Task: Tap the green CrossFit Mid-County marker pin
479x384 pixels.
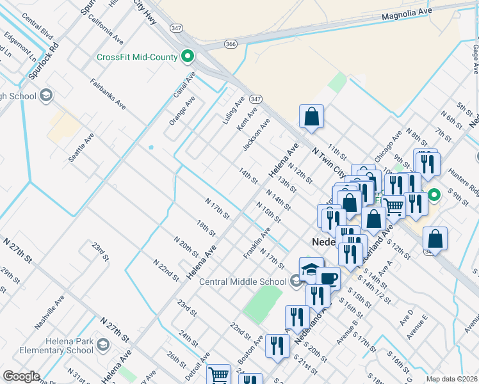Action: [x=188, y=57]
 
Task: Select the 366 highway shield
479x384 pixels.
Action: [x=231, y=44]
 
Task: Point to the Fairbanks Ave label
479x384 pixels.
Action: [x=106, y=93]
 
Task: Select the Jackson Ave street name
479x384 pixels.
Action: [x=256, y=134]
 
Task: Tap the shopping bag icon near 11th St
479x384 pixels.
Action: [x=311, y=116]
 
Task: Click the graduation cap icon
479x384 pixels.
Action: [x=311, y=269]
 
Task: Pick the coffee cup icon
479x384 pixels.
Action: [x=329, y=278]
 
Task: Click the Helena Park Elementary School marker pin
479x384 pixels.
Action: [x=102, y=346]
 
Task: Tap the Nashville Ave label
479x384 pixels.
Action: [x=50, y=312]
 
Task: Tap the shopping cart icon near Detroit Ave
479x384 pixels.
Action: [x=219, y=374]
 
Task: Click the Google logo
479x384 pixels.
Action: [x=21, y=376]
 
